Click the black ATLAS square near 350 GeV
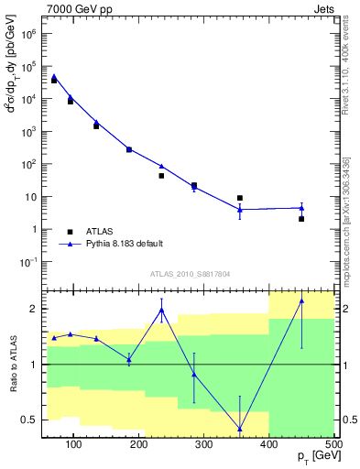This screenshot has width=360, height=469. click(x=240, y=198)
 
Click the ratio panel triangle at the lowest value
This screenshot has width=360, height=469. click(x=240, y=429)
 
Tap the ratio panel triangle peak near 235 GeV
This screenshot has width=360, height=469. click(x=162, y=310)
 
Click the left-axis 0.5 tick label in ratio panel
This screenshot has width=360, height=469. click(x=31, y=420)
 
